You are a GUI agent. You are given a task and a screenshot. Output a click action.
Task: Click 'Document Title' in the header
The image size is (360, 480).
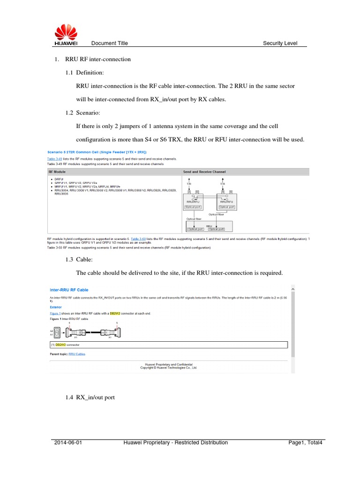[x=109, y=43]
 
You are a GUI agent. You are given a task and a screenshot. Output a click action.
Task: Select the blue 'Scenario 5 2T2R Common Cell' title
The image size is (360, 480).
[x=97, y=152]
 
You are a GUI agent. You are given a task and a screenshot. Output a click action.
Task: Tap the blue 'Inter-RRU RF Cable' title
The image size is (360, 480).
[x=69, y=290]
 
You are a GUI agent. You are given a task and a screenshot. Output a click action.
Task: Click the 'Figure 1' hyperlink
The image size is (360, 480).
[x=55, y=313]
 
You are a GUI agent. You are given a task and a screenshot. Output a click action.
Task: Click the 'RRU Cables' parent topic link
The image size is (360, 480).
[x=77, y=354]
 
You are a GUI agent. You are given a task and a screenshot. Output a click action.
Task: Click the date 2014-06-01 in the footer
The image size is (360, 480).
[x=67, y=442]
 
